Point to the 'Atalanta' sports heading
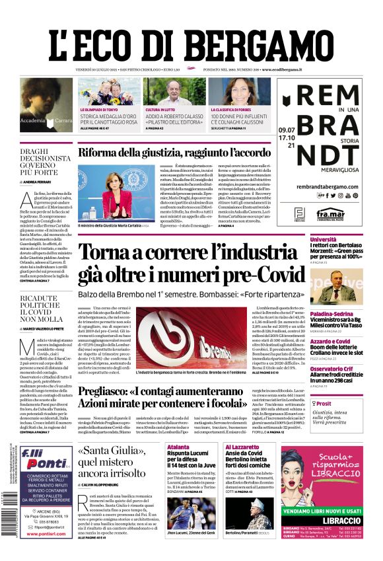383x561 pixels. (x=178, y=447)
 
